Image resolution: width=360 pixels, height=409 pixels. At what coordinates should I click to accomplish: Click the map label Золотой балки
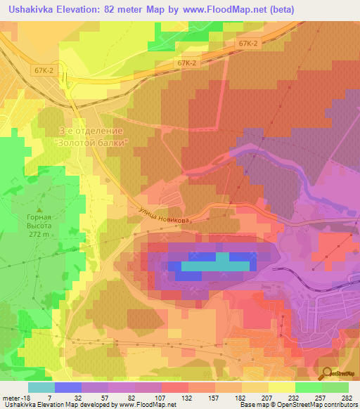91,142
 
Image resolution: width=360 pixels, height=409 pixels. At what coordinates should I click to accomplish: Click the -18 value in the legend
27,398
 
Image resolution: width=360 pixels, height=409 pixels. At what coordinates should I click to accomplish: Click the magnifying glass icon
326,373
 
